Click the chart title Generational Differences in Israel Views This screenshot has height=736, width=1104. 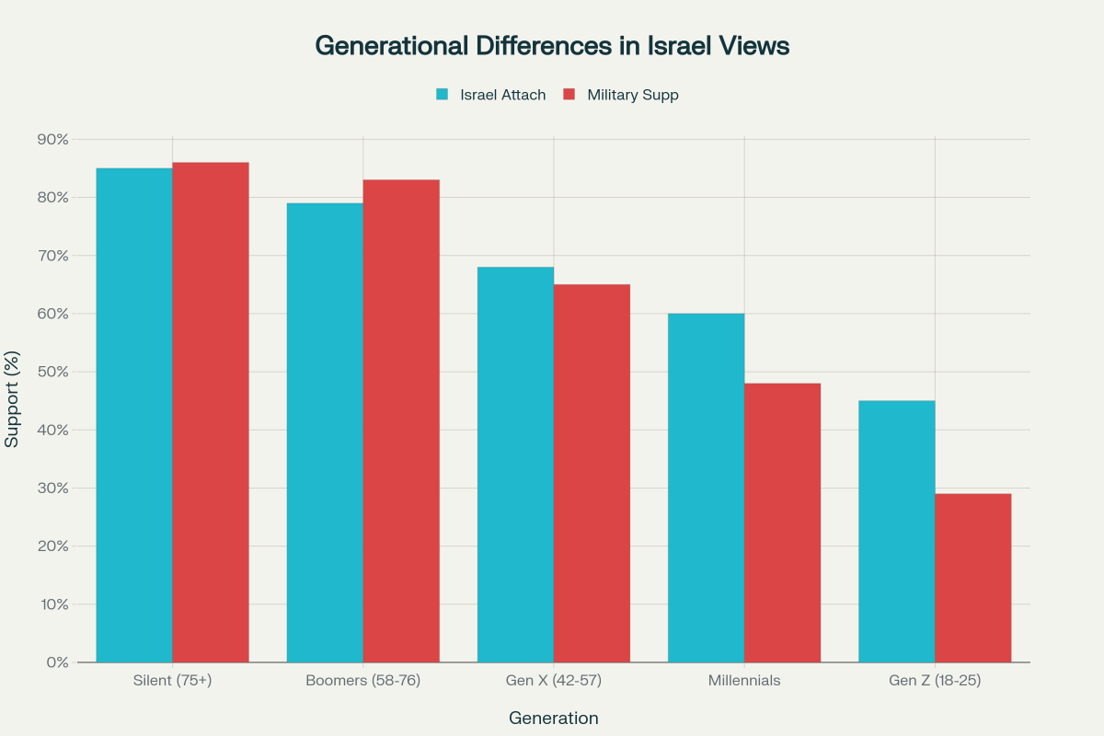(x=552, y=46)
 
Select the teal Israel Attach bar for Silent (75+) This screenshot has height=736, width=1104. (x=134, y=414)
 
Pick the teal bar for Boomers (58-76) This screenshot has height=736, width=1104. (x=325, y=432)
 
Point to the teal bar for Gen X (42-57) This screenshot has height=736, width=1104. (x=515, y=465)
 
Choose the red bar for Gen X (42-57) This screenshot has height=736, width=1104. (x=592, y=473)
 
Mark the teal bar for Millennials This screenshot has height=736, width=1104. (x=706, y=488)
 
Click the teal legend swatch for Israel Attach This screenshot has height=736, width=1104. (x=442, y=94)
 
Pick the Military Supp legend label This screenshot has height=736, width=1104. (x=633, y=94)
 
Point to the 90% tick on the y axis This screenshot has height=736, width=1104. (x=52, y=139)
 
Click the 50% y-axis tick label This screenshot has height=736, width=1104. (x=52, y=372)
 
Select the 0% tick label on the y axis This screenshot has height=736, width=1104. (x=57, y=662)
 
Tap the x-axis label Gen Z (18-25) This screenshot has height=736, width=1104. (x=935, y=681)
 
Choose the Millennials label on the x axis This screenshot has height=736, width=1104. (x=744, y=681)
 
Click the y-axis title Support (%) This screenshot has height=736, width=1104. (x=12, y=398)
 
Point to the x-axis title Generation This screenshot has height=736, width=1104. (x=554, y=718)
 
